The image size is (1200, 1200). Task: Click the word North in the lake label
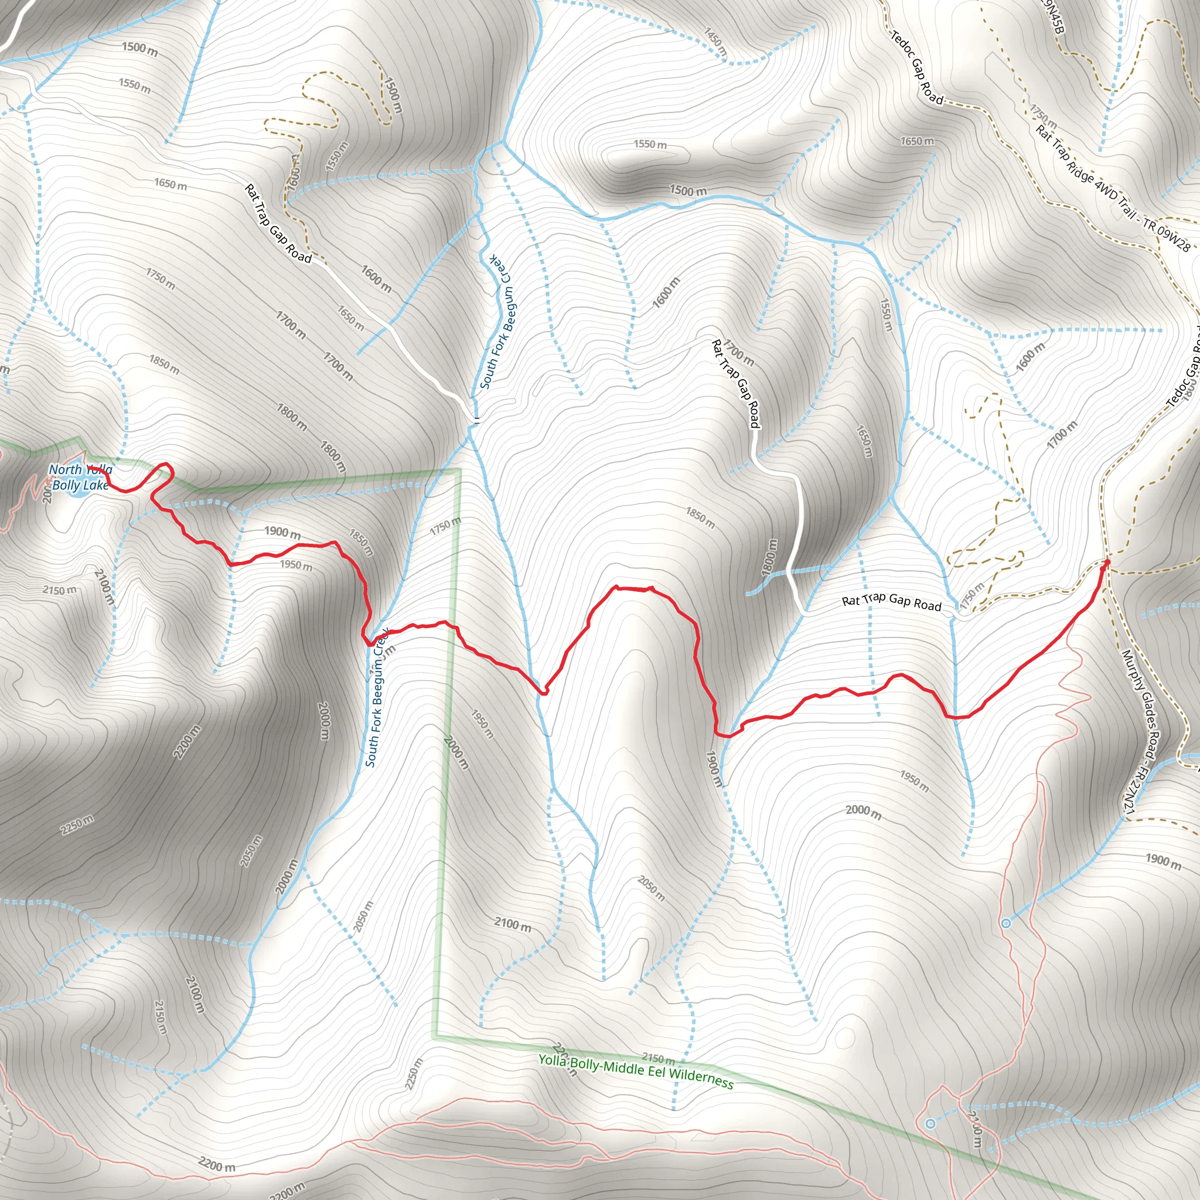click(65, 470)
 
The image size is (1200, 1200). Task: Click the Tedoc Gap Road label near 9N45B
click(917, 69)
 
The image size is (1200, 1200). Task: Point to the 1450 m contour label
click(715, 43)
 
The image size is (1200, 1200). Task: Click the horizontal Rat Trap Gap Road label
click(891, 601)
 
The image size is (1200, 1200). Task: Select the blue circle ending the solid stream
click(1006, 923)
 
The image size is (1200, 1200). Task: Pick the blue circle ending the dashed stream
click(930, 1124)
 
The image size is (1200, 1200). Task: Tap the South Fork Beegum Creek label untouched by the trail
click(497, 322)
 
